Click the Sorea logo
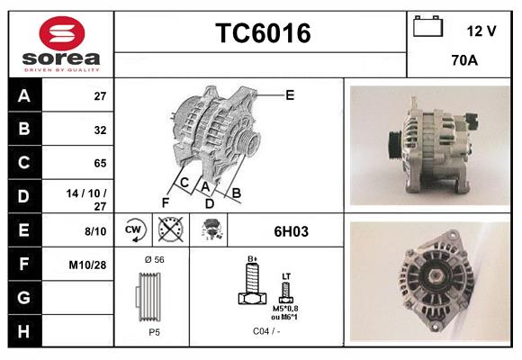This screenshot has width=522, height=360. point(60,44)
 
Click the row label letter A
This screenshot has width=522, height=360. point(23,95)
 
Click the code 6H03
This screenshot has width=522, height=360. point(291,231)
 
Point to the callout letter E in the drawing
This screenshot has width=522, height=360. point(290,94)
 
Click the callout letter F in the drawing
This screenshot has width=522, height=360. point(165,202)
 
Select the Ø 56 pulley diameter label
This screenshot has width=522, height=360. point(153,260)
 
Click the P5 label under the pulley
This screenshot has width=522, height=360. point(154,331)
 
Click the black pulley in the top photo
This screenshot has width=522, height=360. point(393,144)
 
